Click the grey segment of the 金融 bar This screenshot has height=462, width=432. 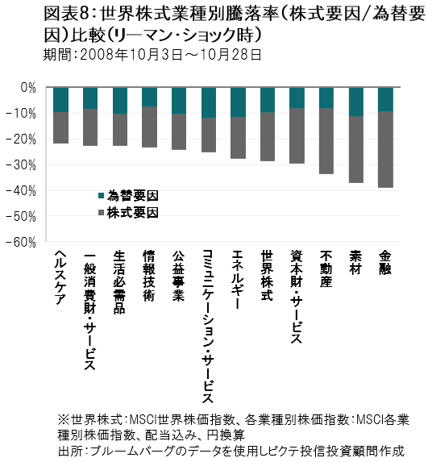point(385,150)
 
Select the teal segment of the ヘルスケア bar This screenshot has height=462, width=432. point(61,100)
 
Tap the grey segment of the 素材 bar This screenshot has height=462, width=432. point(356,150)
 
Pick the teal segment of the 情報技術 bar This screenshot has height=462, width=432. point(150,98)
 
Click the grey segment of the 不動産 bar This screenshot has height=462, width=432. point(326,141)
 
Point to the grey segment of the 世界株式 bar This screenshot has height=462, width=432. point(268,137)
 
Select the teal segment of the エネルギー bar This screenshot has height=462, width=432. point(238,102)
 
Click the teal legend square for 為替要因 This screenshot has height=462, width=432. point(102,196)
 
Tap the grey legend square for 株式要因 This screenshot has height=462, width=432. point(102,213)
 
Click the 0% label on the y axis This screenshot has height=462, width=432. point(28,88)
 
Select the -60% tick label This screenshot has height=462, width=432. point(21,243)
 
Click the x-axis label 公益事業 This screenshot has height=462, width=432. point(178,276)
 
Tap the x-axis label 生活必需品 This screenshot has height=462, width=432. point(119,282)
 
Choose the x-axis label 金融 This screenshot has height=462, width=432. point(385,263)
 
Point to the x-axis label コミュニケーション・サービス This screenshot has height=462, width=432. point(208,327)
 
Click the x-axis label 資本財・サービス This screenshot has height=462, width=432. point(297,297)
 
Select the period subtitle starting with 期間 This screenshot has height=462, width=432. point(152,55)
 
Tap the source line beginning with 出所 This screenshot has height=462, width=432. point(231,451)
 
